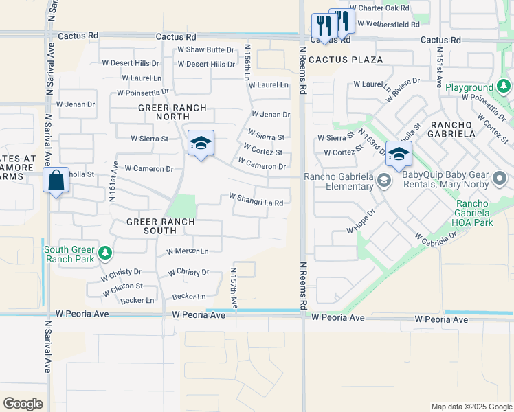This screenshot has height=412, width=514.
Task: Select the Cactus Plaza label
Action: tap(346, 60)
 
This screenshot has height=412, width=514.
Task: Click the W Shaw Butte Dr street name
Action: tap(206, 49)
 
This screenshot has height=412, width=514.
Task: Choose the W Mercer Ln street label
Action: tap(188, 251)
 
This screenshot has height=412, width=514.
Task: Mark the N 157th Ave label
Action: tap(234, 287)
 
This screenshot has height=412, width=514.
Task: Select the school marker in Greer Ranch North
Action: tap(201, 143)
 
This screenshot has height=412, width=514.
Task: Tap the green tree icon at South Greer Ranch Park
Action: tap(105, 253)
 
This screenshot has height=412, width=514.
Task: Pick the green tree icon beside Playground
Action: tap(504, 87)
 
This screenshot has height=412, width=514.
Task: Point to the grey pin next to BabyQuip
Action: tap(500, 181)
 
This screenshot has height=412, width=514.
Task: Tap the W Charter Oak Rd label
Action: tap(379, 9)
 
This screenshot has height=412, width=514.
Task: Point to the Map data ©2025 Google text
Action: tap(471, 407)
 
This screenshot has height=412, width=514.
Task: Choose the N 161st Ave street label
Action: tap(113, 181)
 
